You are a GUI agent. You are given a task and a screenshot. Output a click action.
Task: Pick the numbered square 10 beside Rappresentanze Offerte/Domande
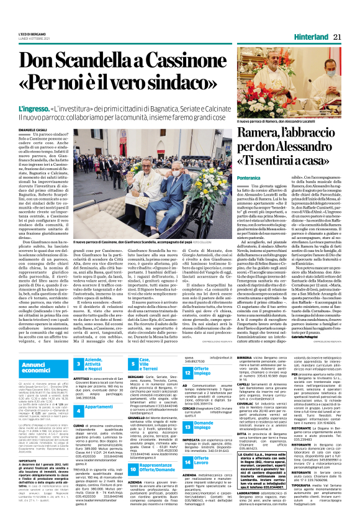[x=133, y=466]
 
